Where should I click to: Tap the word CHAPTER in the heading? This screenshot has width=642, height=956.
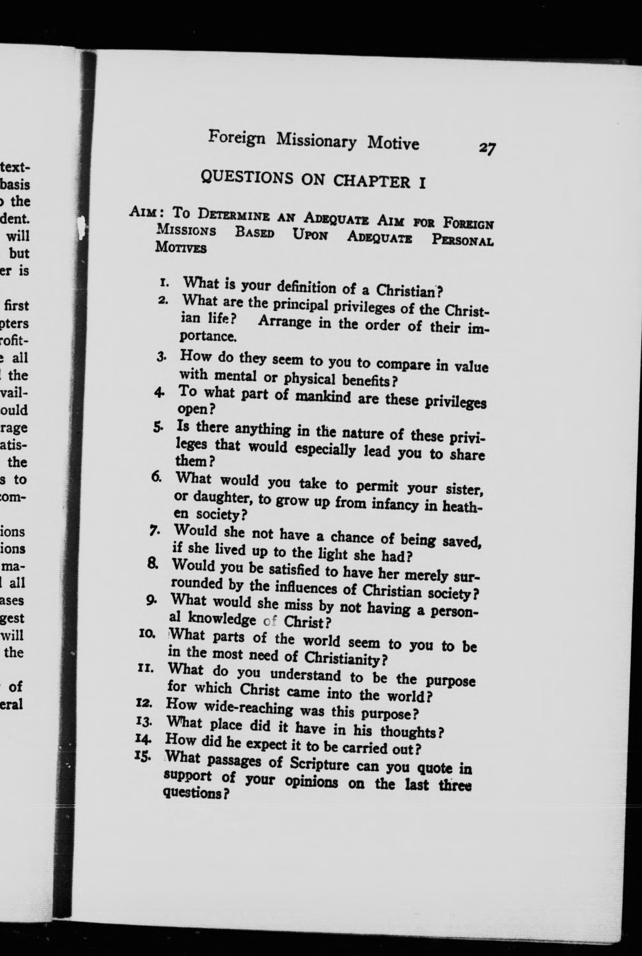[x=371, y=181]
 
